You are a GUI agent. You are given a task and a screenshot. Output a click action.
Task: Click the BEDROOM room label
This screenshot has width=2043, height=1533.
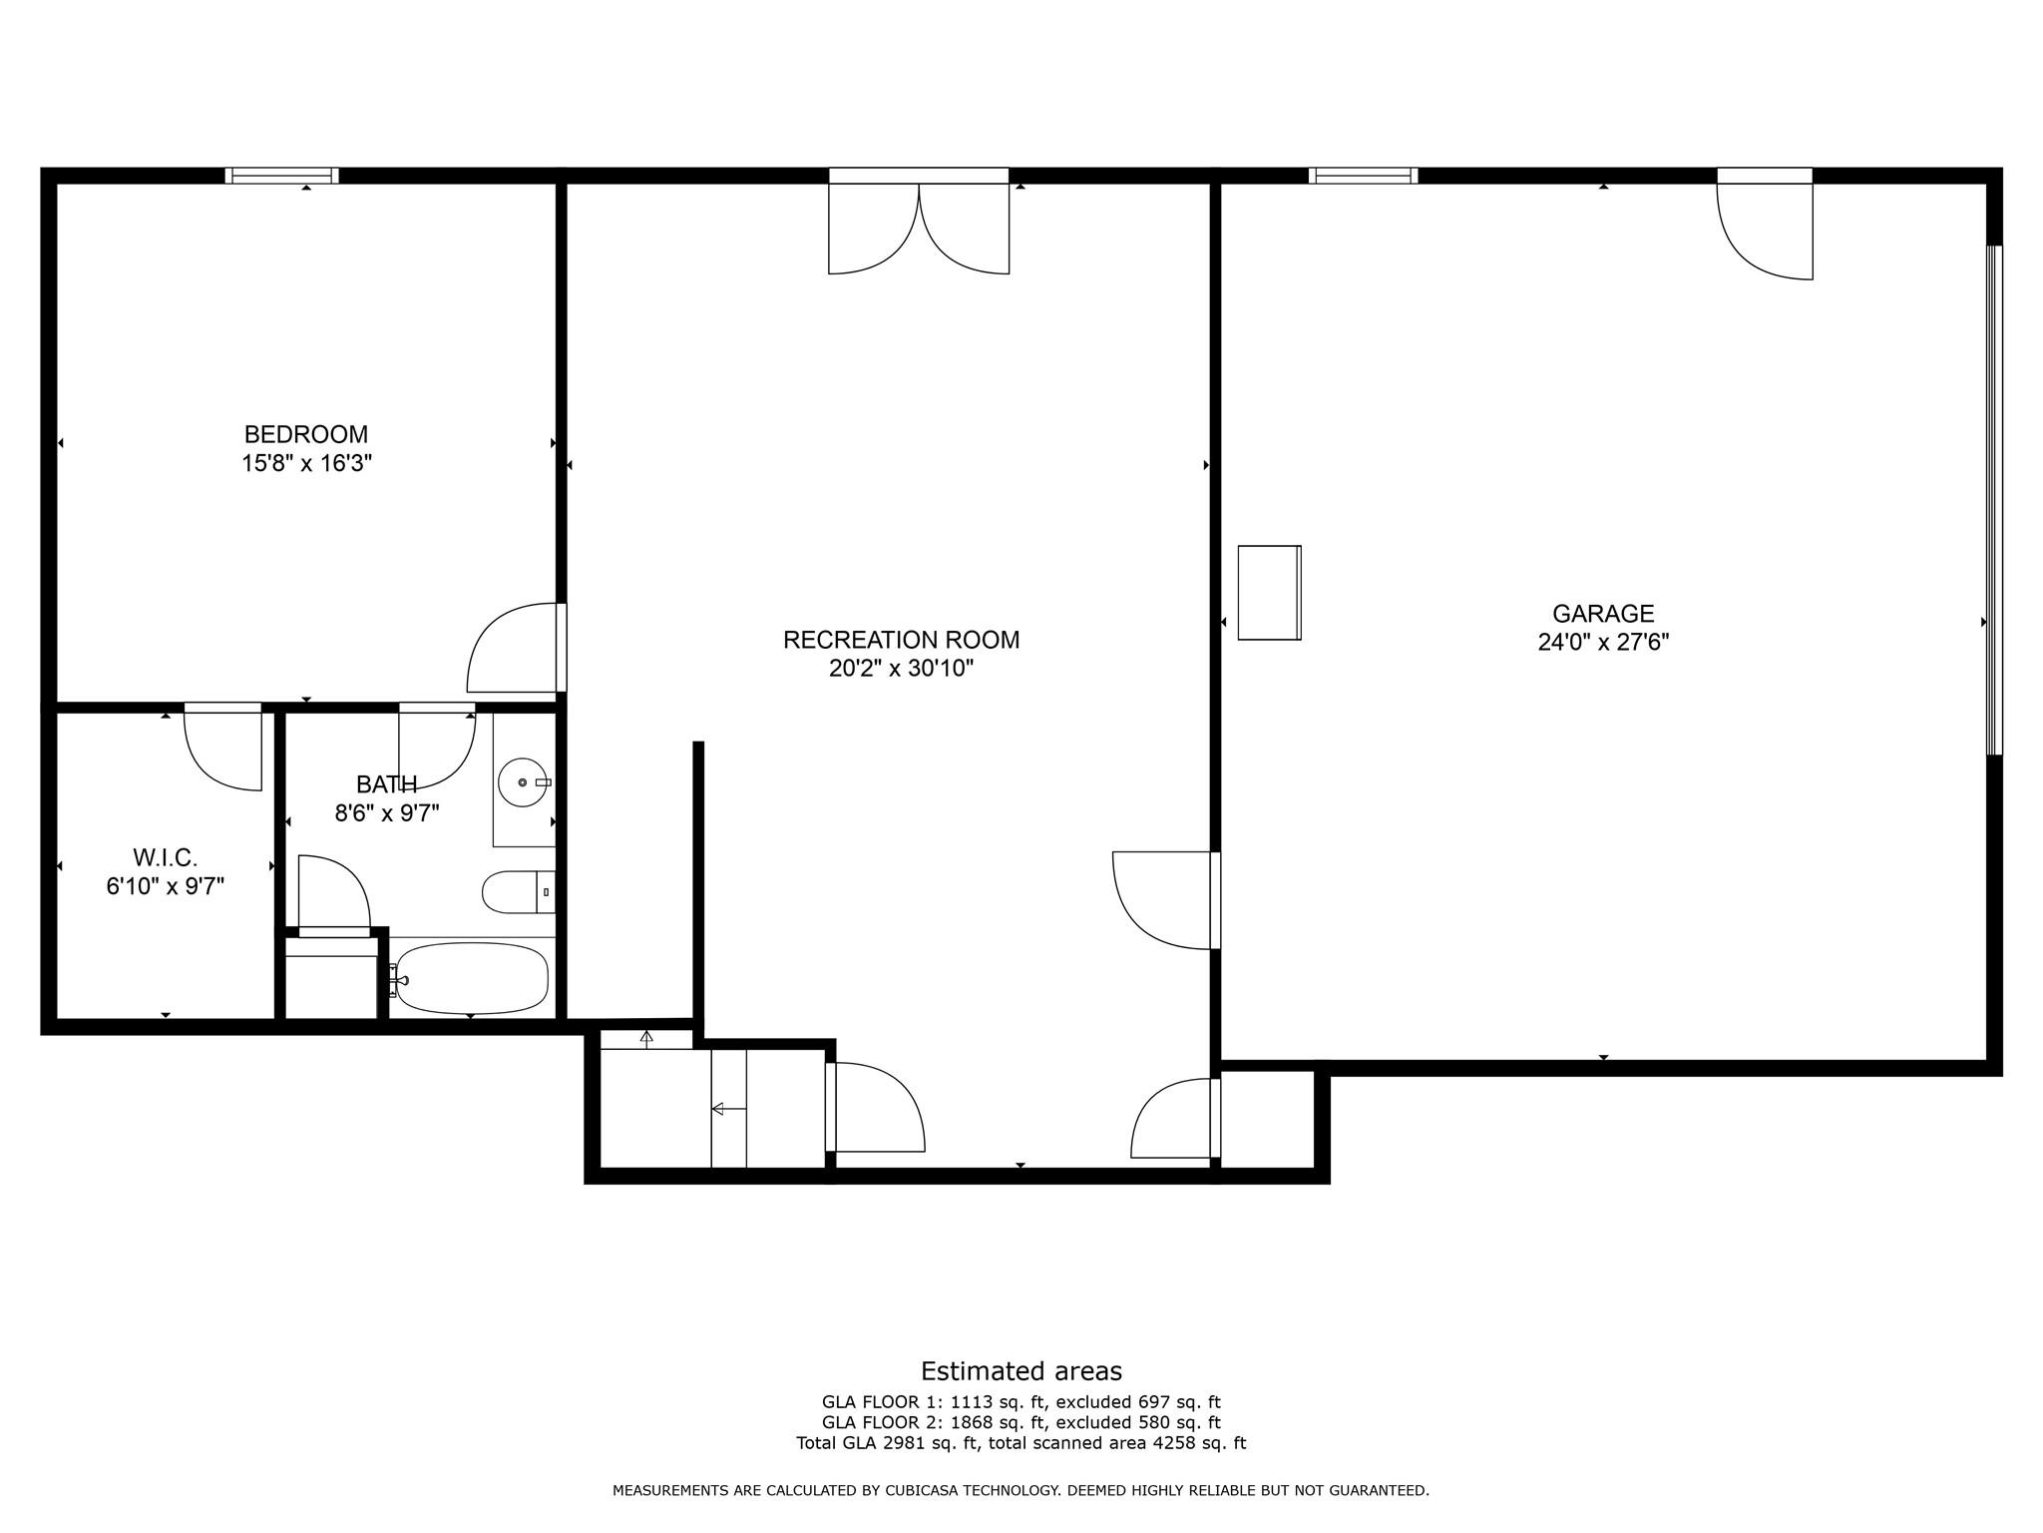tap(306, 435)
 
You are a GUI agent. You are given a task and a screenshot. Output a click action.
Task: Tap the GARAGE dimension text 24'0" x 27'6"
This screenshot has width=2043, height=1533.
tap(1603, 642)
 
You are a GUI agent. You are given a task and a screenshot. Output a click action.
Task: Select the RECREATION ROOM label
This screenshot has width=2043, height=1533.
tap(902, 640)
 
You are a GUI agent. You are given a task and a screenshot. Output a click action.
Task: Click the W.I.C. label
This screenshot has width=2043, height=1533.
tap(166, 857)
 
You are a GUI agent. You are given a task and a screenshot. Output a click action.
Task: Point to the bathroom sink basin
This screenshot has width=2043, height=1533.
tap(523, 781)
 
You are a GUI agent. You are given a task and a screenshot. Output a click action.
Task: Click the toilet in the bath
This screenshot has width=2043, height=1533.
tap(519, 892)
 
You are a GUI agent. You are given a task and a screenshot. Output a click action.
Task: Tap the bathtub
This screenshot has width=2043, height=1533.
tap(471, 978)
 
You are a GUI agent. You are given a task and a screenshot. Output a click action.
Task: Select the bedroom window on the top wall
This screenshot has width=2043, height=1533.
tap(281, 176)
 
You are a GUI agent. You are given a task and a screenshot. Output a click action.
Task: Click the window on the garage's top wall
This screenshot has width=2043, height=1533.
tap(1363, 176)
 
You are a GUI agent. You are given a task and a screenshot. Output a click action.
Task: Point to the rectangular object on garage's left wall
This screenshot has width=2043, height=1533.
tap(1270, 593)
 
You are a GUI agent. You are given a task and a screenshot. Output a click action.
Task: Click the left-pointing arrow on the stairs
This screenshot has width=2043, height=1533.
tap(728, 1108)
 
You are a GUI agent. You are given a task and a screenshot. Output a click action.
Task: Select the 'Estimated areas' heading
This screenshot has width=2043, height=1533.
tap(1021, 1371)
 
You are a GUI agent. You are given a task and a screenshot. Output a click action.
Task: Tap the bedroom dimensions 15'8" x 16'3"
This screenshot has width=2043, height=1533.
tap(306, 464)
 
